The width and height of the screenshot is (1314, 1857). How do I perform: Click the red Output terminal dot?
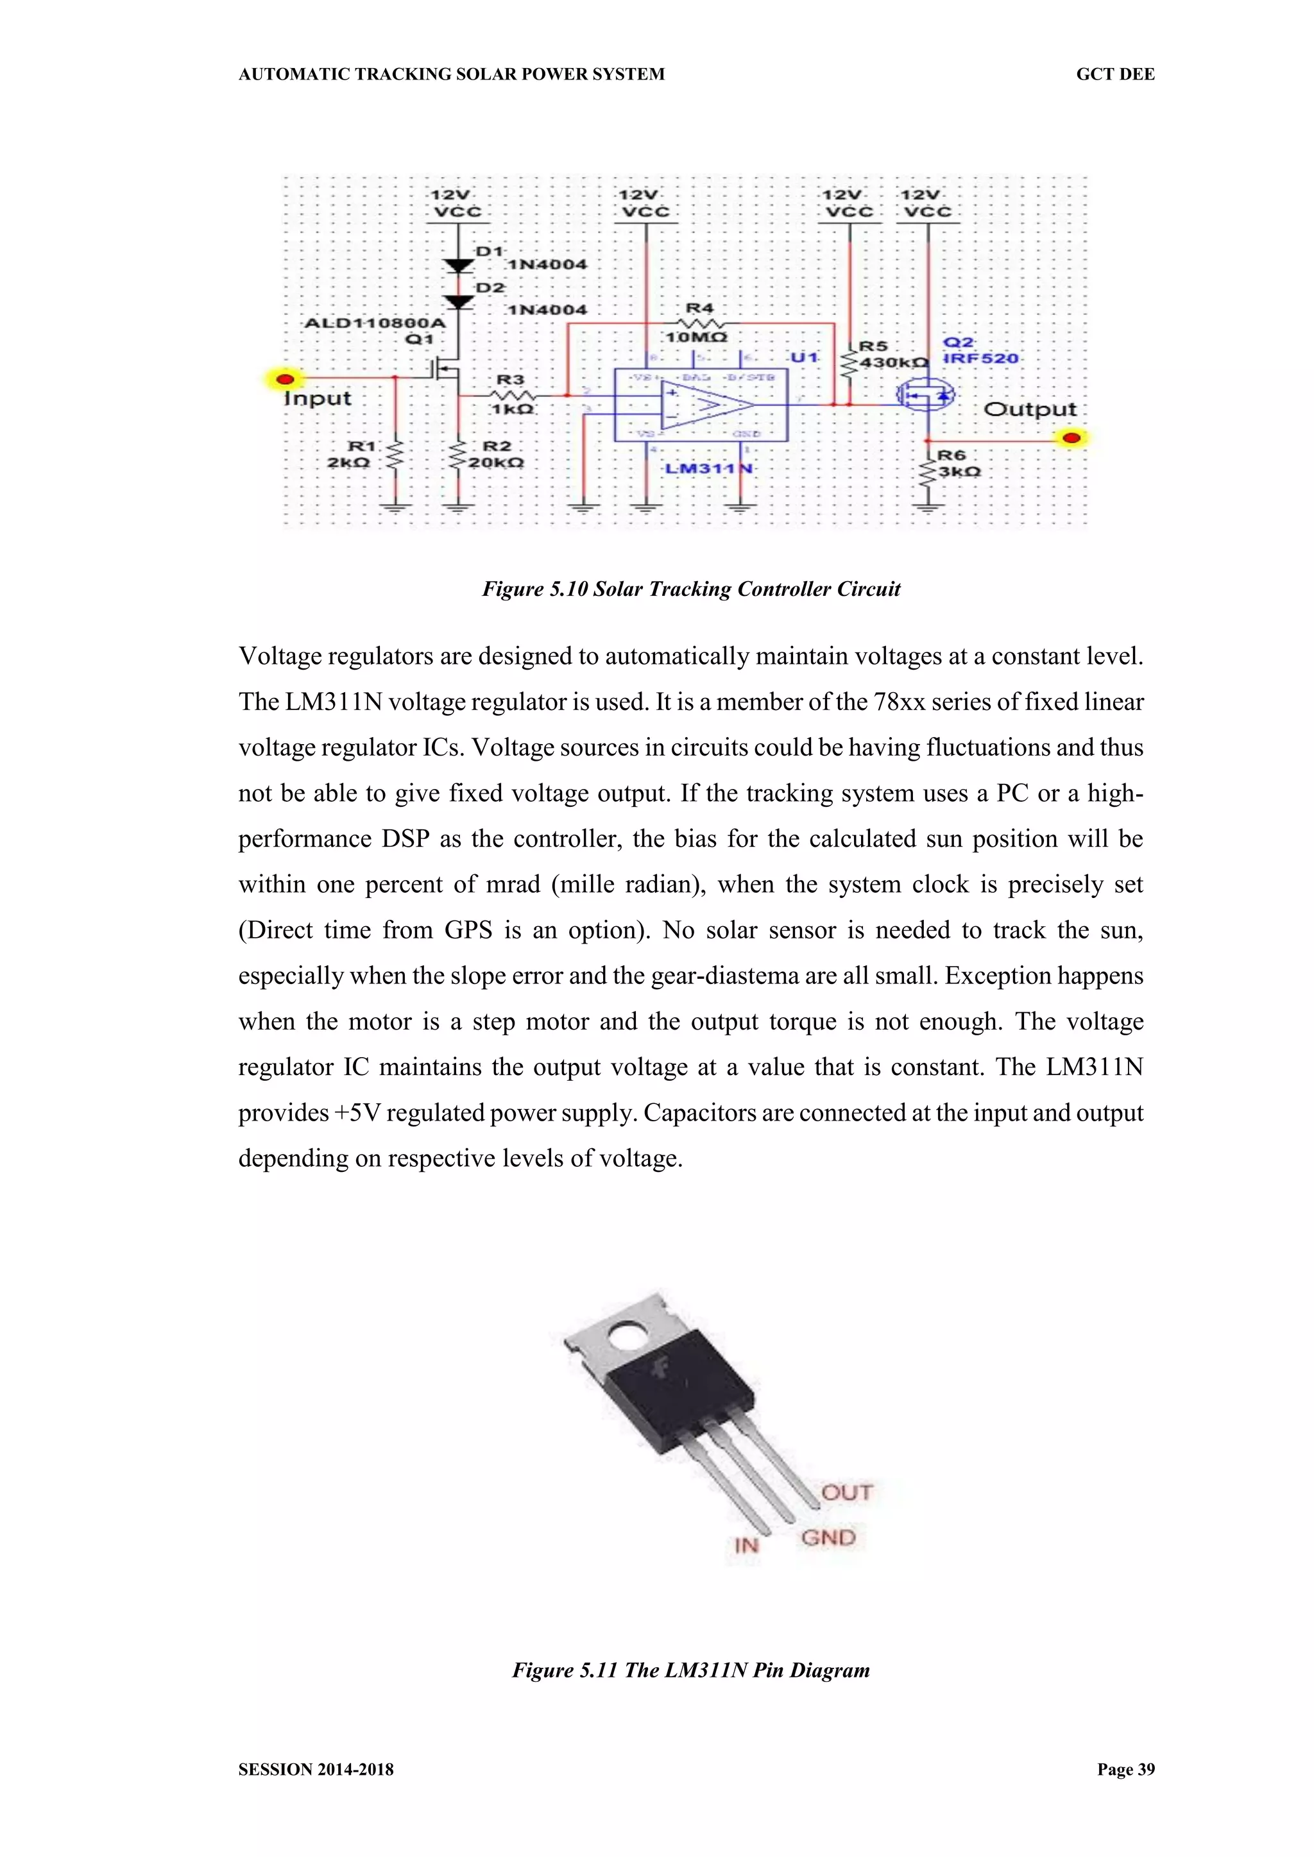(1072, 438)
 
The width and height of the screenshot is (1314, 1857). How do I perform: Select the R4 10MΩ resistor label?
(696, 337)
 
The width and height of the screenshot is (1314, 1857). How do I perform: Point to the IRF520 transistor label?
(980, 359)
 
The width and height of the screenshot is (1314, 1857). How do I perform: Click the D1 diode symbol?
(459, 266)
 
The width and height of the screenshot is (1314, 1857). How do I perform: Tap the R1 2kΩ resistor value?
(349, 462)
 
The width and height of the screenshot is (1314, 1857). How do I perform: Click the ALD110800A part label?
(375, 323)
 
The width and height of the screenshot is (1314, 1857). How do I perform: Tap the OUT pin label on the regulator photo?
(847, 1492)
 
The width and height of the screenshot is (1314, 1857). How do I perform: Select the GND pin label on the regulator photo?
(828, 1538)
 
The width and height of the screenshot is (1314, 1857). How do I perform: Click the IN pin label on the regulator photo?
(746, 1546)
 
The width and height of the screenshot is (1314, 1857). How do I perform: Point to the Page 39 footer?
(1125, 1769)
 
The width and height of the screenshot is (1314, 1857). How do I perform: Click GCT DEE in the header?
(1115, 74)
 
